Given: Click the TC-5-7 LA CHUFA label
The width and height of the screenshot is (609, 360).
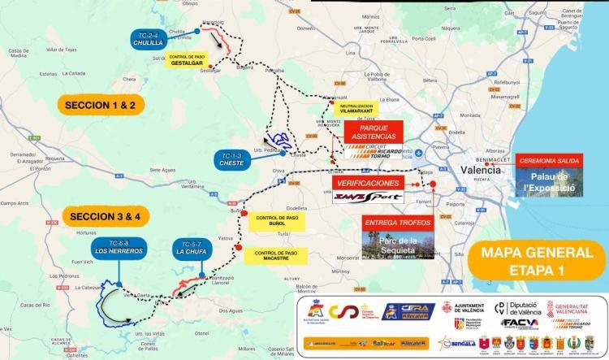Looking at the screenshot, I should pyautogui.click(x=192, y=249).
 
